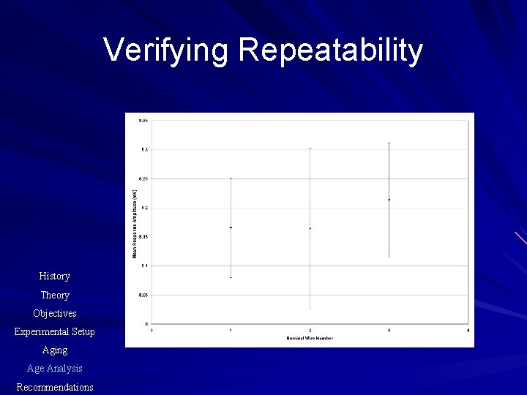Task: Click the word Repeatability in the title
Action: [330, 50]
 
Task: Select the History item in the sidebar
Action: [55, 276]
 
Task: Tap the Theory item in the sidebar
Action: [55, 296]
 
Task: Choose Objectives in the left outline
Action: [55, 314]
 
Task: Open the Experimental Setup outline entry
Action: [55, 332]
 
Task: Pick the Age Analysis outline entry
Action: [55, 369]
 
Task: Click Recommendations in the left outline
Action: [55, 387]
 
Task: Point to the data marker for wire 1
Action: [231, 227]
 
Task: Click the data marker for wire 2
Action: [310, 229]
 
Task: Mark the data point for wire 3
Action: [389, 200]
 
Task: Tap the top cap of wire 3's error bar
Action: [389, 143]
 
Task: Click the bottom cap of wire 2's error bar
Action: [310, 309]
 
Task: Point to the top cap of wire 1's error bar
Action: [231, 178]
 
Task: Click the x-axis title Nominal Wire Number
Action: [310, 338]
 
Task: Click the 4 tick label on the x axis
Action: [468, 331]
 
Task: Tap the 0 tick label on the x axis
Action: [152, 331]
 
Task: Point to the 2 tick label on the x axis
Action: [310, 331]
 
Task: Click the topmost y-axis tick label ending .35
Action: [143, 120]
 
